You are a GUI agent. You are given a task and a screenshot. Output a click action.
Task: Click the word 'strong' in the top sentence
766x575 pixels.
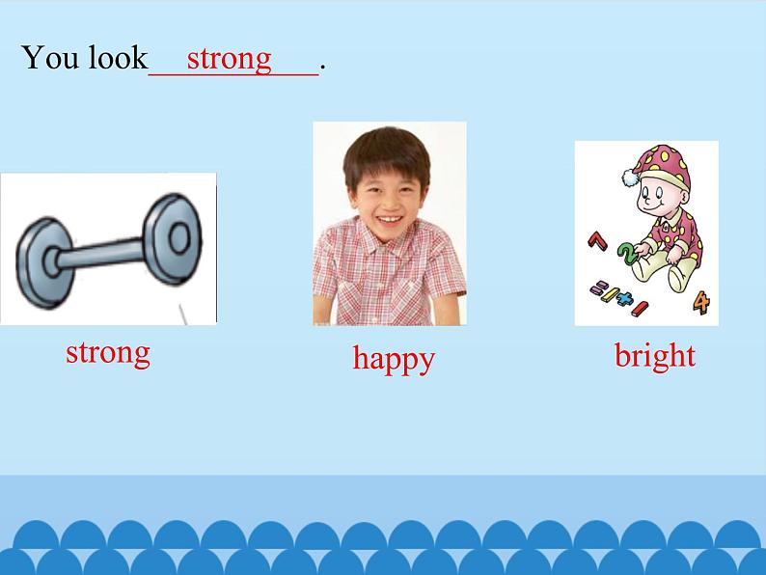point(229,58)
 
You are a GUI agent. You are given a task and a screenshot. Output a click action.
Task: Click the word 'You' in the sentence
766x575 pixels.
point(51,58)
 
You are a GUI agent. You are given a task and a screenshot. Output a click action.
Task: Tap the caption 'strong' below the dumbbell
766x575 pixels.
point(108,352)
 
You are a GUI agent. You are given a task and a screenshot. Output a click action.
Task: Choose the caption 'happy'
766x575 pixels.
point(394,359)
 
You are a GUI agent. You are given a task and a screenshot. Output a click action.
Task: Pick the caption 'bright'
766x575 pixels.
point(655,356)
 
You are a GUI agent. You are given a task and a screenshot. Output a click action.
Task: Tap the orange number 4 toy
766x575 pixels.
point(701,303)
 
